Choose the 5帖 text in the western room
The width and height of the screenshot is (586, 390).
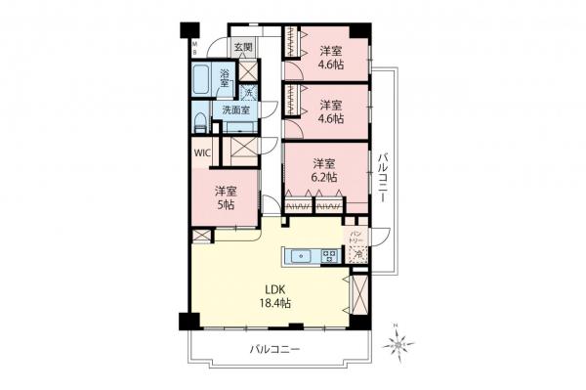(226, 205)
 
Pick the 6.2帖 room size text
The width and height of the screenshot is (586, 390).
(325, 178)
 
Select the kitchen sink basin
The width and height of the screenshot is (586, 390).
(298, 258)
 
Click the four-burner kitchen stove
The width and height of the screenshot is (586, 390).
(329, 258)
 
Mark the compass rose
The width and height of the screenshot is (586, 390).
(399, 342)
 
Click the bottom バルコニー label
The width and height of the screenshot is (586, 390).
(274, 349)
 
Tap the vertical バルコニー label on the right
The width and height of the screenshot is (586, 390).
(385, 177)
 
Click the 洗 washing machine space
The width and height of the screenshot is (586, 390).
(249, 93)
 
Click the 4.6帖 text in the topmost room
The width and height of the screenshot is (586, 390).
(330, 65)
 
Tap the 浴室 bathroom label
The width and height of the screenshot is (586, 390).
(225, 78)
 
